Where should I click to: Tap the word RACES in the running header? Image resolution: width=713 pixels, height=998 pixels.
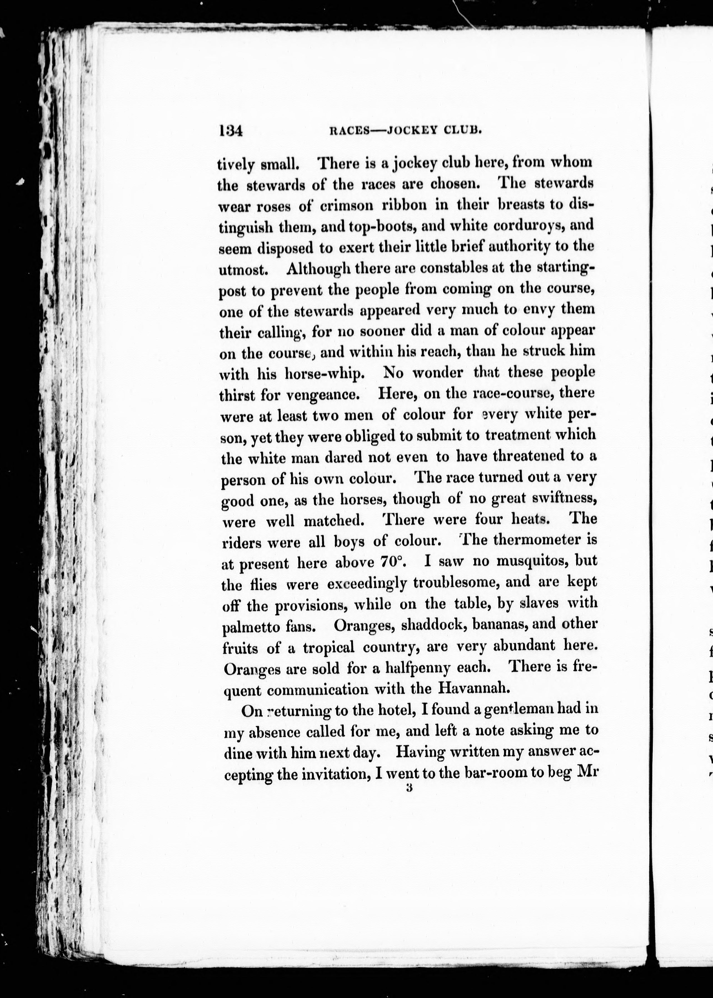(348, 131)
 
